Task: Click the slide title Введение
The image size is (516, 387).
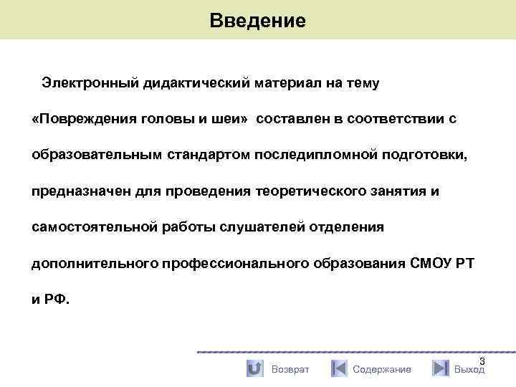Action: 258,20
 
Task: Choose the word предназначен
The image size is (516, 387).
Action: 79,191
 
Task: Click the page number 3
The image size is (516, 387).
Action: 482,360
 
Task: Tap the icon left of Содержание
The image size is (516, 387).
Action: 339,369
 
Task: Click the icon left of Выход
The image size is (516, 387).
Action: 441,369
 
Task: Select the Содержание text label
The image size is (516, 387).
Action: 382,370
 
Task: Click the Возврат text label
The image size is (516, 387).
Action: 290,370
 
